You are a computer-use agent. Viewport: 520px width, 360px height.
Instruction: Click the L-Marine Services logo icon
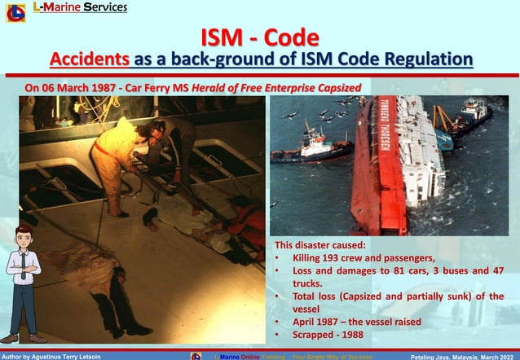[x=15, y=12]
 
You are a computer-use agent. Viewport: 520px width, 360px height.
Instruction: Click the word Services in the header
[x=104, y=8]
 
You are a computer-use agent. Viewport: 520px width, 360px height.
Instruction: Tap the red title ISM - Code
[x=260, y=38]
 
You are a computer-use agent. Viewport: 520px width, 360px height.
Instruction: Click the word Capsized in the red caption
[x=329, y=87]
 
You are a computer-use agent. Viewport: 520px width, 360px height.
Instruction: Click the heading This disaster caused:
[x=319, y=244]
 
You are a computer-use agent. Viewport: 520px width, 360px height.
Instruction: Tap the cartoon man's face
[x=24, y=242]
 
